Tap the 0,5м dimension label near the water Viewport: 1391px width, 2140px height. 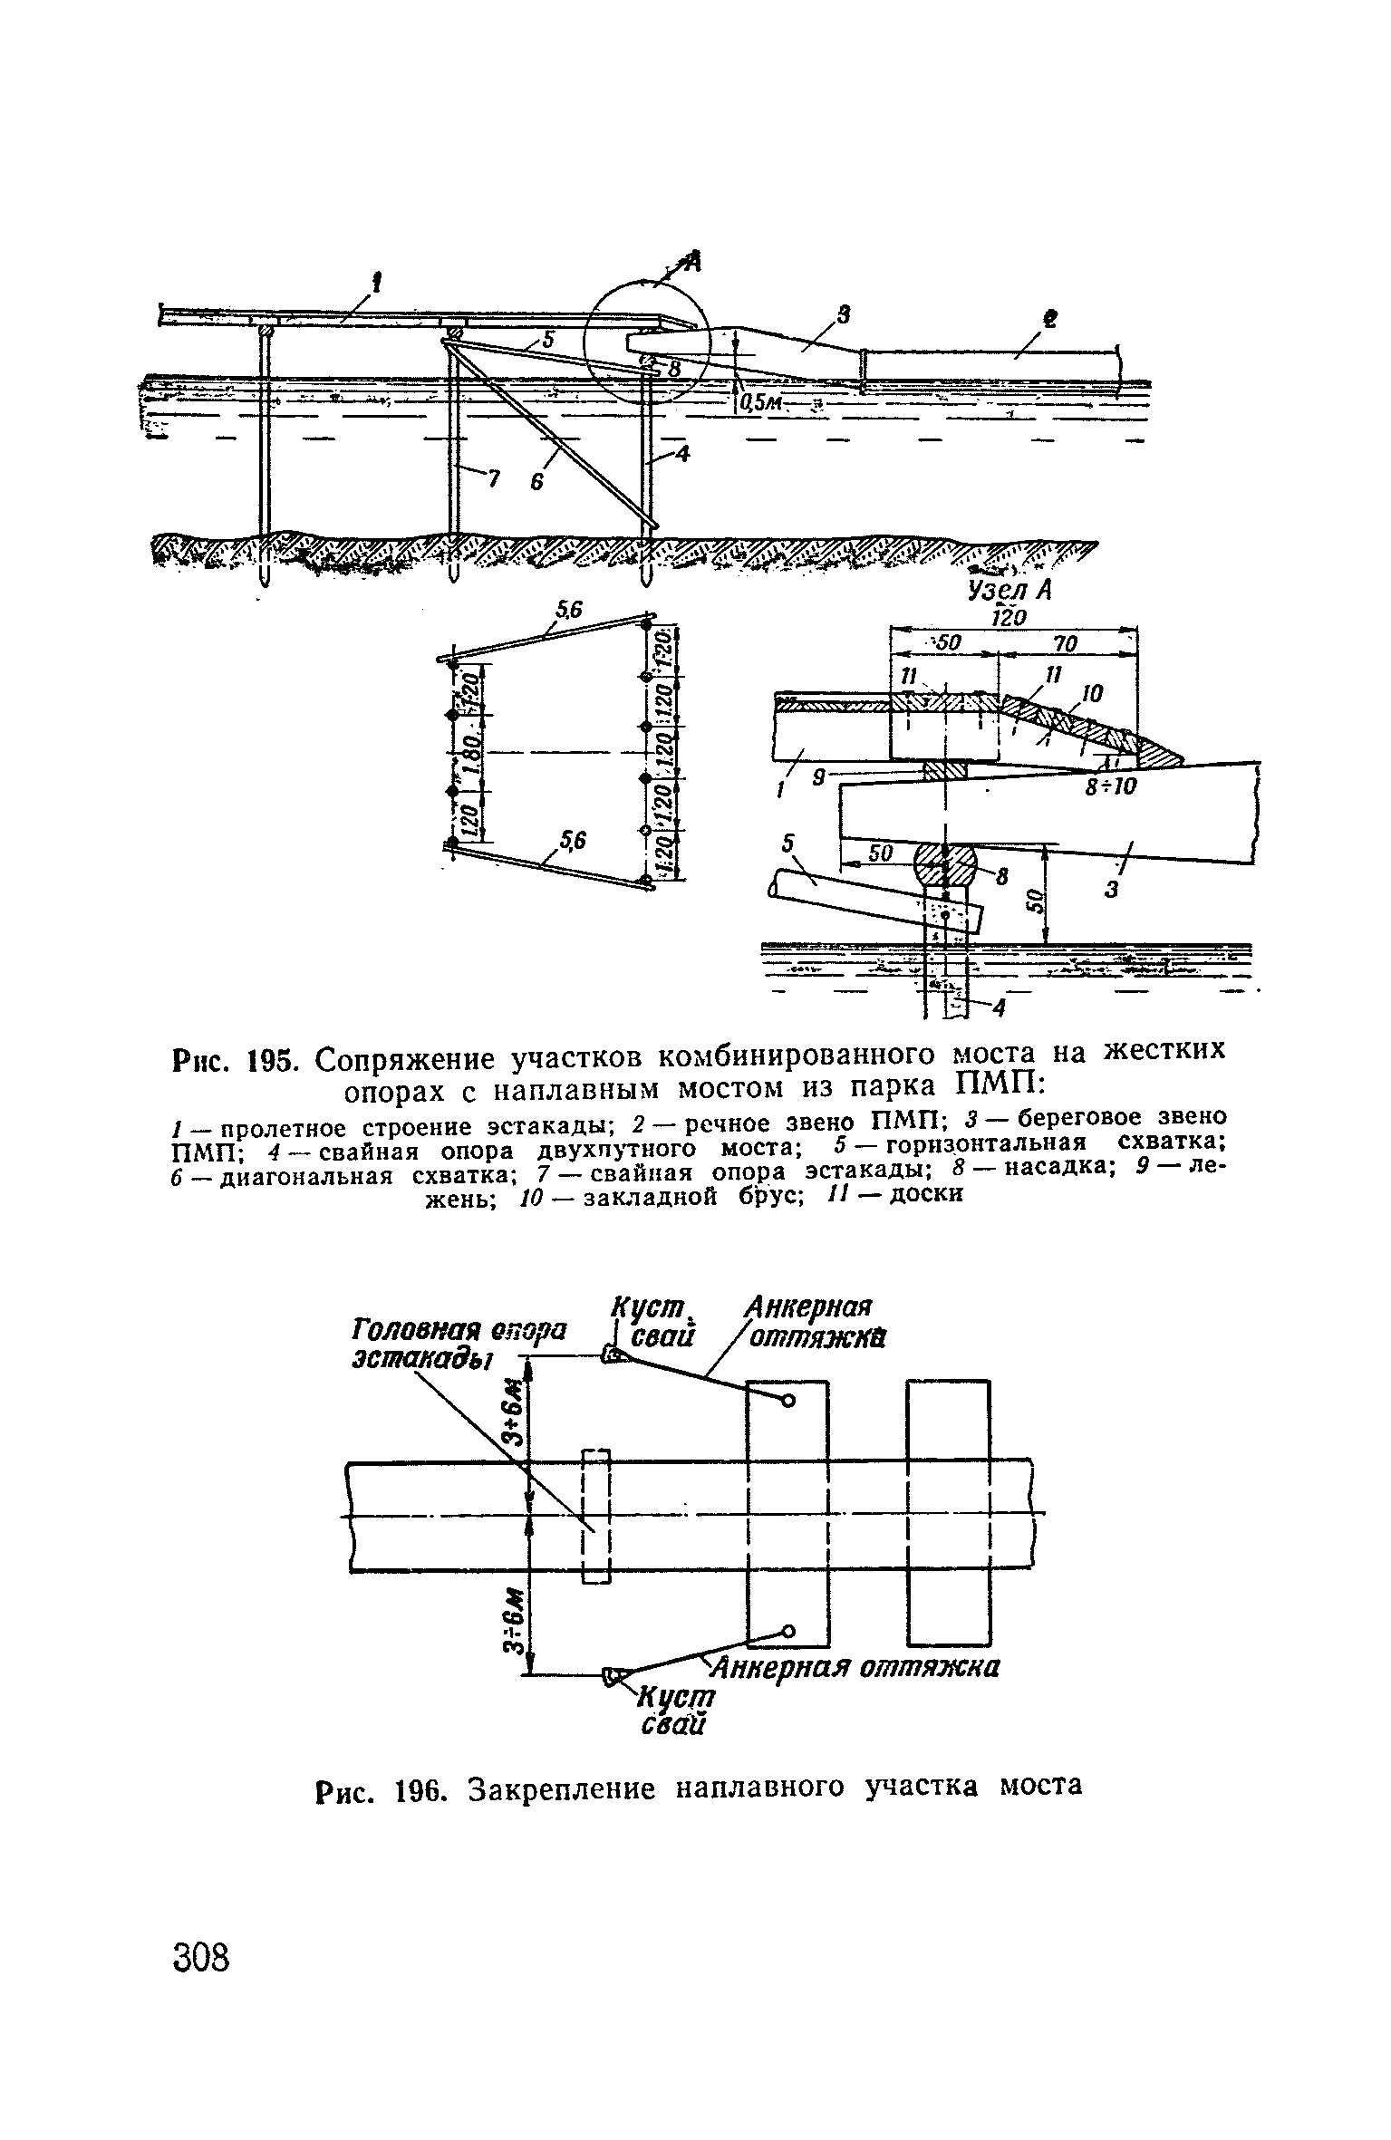pos(762,405)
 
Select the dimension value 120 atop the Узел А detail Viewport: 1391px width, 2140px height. pos(1009,617)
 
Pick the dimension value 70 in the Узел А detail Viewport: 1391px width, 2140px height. pos(1067,643)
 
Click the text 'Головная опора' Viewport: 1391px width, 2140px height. pos(458,1331)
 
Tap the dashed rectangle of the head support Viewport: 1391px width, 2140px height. pos(595,1516)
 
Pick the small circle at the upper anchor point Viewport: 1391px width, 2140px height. pos(787,1402)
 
